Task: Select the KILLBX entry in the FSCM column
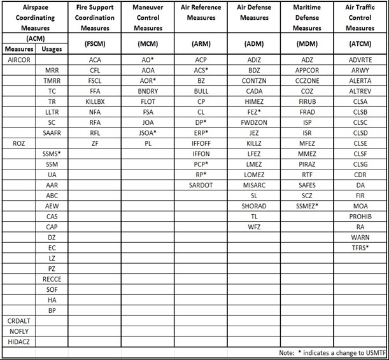coord(95,101)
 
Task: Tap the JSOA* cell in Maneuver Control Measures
coord(148,133)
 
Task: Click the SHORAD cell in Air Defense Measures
coord(254,206)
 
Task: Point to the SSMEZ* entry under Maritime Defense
coord(308,206)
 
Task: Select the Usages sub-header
coord(52,49)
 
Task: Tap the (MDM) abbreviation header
coord(308,44)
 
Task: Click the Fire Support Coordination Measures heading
coord(95,18)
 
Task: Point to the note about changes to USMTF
coord(330,352)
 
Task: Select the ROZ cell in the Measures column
coord(18,143)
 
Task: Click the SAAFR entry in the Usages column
coord(52,133)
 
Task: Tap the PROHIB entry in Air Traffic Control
coord(360,216)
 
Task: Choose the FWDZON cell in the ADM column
coord(254,122)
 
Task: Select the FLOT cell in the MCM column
coord(148,101)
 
